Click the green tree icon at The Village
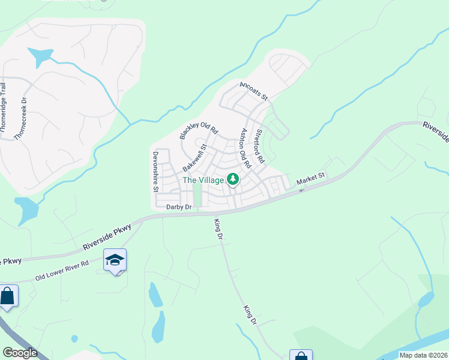click(232, 179)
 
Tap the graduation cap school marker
click(115, 260)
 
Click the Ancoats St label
click(253, 91)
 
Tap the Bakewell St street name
click(194, 156)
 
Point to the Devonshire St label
click(155, 170)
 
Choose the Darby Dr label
click(179, 207)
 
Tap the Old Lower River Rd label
click(62, 271)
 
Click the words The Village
click(203, 180)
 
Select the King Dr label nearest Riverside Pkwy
click(218, 229)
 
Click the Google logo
click(19, 353)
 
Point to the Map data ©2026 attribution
click(424, 355)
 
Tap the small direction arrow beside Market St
click(301, 190)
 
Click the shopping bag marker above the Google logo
click(7, 296)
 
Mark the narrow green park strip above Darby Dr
click(196, 194)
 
